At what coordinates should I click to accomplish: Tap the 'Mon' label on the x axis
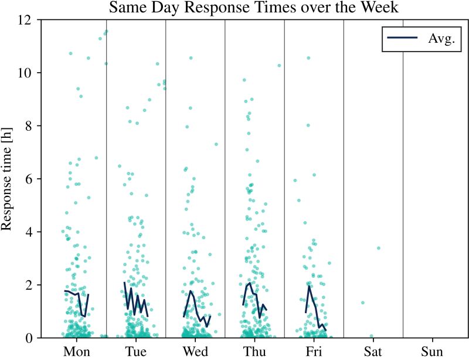coord(77,351)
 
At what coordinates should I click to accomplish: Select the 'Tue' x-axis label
coord(136,351)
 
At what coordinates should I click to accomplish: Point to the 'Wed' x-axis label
coord(195,351)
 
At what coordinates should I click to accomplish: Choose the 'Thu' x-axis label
coord(254,351)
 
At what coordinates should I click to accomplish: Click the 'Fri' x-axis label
coord(314,351)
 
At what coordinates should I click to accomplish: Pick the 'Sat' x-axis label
coord(373,351)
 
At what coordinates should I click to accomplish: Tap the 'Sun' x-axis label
coord(432,351)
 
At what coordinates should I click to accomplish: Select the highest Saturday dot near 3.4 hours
coord(379,248)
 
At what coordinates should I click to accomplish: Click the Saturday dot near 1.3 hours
coord(363,303)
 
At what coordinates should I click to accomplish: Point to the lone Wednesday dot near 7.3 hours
coord(216,144)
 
